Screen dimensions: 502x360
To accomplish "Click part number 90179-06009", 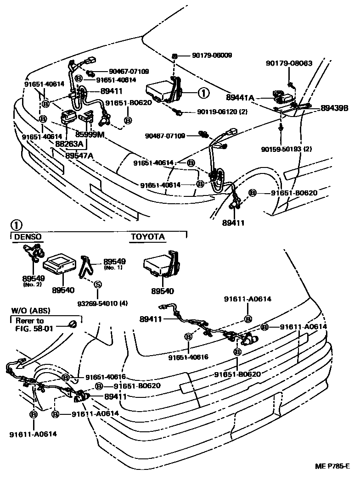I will pyautogui.click(x=212, y=56).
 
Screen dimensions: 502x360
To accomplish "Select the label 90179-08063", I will pyautogui.click(x=289, y=63).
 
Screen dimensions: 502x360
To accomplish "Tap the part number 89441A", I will pyautogui.click(x=240, y=97).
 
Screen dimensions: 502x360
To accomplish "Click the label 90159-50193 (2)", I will pyautogui.click(x=286, y=149).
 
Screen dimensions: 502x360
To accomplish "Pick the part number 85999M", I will pyautogui.click(x=90, y=134).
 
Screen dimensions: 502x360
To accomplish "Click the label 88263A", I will pyautogui.click(x=69, y=144).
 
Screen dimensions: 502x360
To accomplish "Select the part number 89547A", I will pyautogui.click(x=79, y=156).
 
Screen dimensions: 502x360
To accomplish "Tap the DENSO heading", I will pyautogui.click(x=28, y=237).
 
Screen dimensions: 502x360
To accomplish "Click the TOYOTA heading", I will pyautogui.click(x=148, y=237).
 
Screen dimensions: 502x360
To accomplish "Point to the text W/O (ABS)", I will pyautogui.click(x=28, y=311).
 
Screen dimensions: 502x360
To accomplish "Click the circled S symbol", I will pyautogui.click(x=97, y=284).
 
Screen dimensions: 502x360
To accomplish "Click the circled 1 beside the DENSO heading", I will pyautogui.click(x=16, y=225).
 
